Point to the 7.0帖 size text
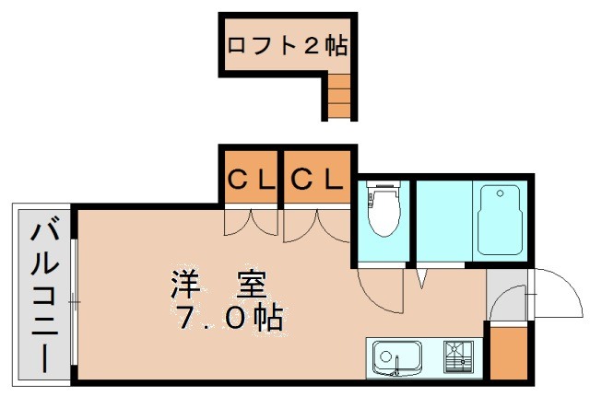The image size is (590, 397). [x=230, y=319]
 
